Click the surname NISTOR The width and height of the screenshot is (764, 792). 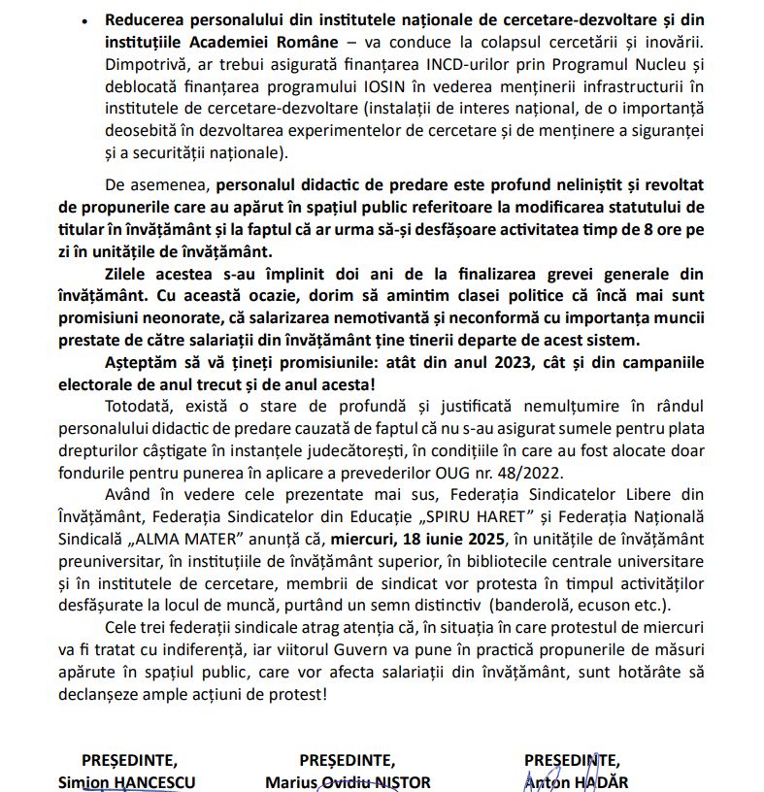pyautogui.click(x=405, y=782)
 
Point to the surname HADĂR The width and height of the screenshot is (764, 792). pyautogui.click(x=599, y=782)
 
